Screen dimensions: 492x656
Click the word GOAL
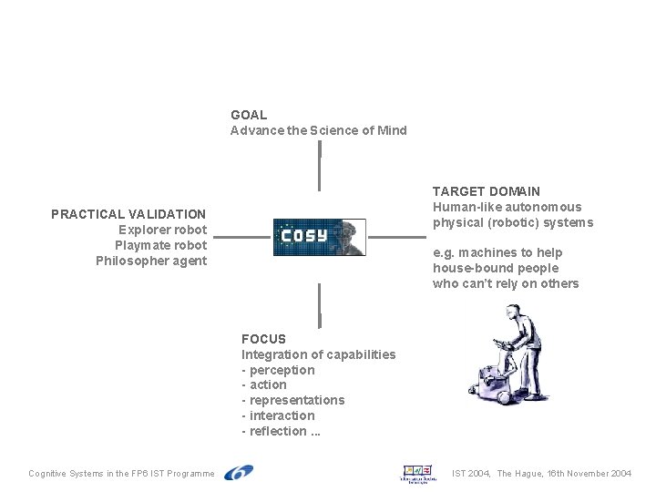coord(249,115)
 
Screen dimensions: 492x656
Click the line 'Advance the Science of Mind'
coord(318,130)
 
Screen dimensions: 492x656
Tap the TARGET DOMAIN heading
coord(486,191)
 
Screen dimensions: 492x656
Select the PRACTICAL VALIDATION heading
coord(128,214)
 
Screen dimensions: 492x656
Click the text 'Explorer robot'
coord(162,230)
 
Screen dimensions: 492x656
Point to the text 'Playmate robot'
coord(160,245)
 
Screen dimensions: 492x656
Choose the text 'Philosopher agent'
coord(151,261)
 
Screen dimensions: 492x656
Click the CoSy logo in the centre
coord(319,237)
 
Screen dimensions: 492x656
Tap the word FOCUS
coord(263,339)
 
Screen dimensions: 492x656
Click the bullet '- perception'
coord(278,370)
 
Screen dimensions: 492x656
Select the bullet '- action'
coord(263,384)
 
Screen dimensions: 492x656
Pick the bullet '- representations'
coord(292,400)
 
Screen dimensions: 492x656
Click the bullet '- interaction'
coord(278,415)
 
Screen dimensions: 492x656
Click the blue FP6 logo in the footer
coord(239,472)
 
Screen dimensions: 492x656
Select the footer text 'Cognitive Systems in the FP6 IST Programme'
coord(121,474)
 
